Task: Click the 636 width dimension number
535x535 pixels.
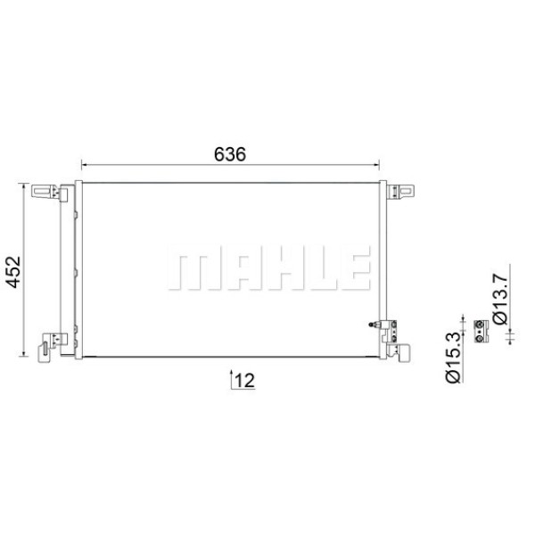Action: point(229,153)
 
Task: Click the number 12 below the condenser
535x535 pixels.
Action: point(244,381)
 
